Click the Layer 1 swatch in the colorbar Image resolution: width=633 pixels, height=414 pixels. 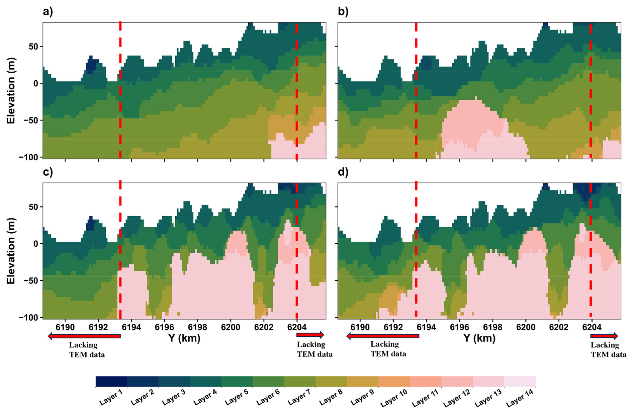(111, 382)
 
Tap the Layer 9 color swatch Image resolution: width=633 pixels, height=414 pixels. (362, 382)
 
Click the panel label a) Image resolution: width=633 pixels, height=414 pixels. (48, 12)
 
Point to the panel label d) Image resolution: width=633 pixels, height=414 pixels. (343, 172)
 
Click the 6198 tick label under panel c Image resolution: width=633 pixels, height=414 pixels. (197, 327)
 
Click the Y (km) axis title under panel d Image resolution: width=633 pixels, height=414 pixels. (479, 338)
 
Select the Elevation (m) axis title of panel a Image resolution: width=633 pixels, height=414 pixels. (11, 90)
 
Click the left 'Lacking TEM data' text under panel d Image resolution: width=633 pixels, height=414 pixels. (388, 349)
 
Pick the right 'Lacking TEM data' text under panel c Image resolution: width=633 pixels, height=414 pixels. (314, 349)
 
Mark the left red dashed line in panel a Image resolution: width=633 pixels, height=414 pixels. (120, 90)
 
